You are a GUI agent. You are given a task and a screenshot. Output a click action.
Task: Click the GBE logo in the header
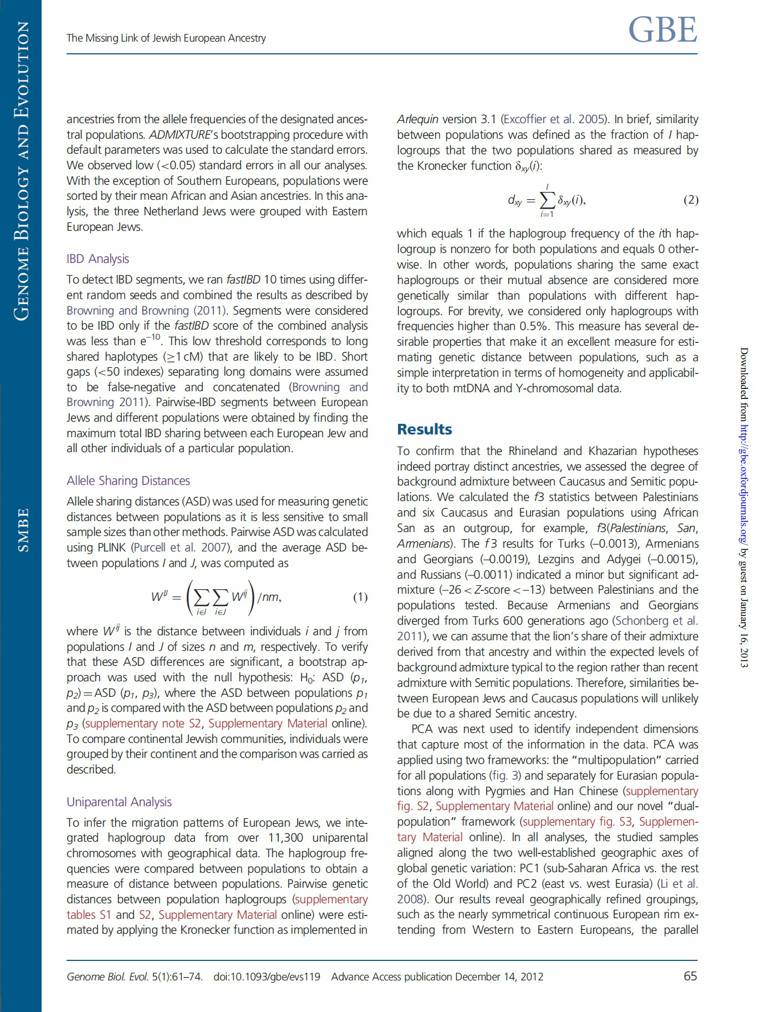[x=663, y=30]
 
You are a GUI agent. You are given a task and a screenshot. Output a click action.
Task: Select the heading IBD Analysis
[x=98, y=259]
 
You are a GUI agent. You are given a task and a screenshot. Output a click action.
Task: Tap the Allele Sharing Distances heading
[x=128, y=480]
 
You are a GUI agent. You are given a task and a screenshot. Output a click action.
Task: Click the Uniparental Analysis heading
[x=119, y=802]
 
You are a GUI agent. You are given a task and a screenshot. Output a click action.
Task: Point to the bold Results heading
[x=424, y=429]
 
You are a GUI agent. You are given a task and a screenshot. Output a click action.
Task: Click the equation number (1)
[x=360, y=597]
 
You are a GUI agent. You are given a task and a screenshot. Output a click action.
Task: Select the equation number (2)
[x=690, y=200]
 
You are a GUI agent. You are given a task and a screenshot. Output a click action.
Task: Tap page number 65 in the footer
[x=690, y=976]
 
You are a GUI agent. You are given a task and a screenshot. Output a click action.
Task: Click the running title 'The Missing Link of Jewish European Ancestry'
[x=166, y=38]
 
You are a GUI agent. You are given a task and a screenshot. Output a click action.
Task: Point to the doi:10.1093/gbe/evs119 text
[x=267, y=976]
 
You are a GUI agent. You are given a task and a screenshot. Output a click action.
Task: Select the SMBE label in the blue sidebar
[x=23, y=530]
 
